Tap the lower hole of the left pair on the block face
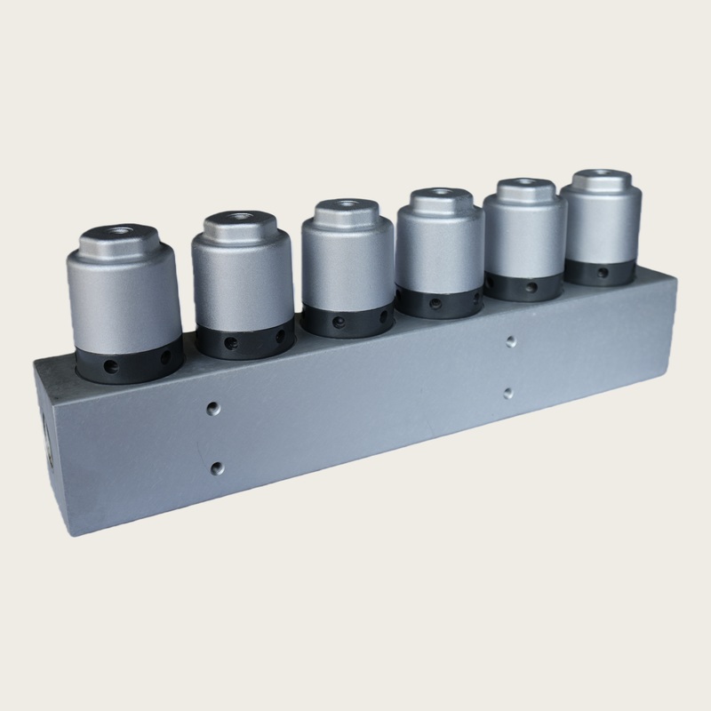point(216,467)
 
